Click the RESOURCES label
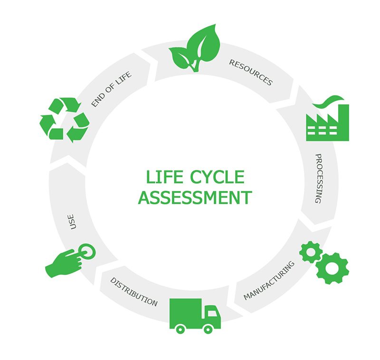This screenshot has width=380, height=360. (251, 73)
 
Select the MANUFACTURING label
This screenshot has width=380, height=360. (269, 281)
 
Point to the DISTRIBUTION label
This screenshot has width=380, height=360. (133, 292)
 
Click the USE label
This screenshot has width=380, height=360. (73, 222)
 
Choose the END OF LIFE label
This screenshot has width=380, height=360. (112, 89)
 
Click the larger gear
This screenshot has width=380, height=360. (332, 268)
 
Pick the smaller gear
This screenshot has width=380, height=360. (311, 252)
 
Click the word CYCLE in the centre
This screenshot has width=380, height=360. (217, 177)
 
